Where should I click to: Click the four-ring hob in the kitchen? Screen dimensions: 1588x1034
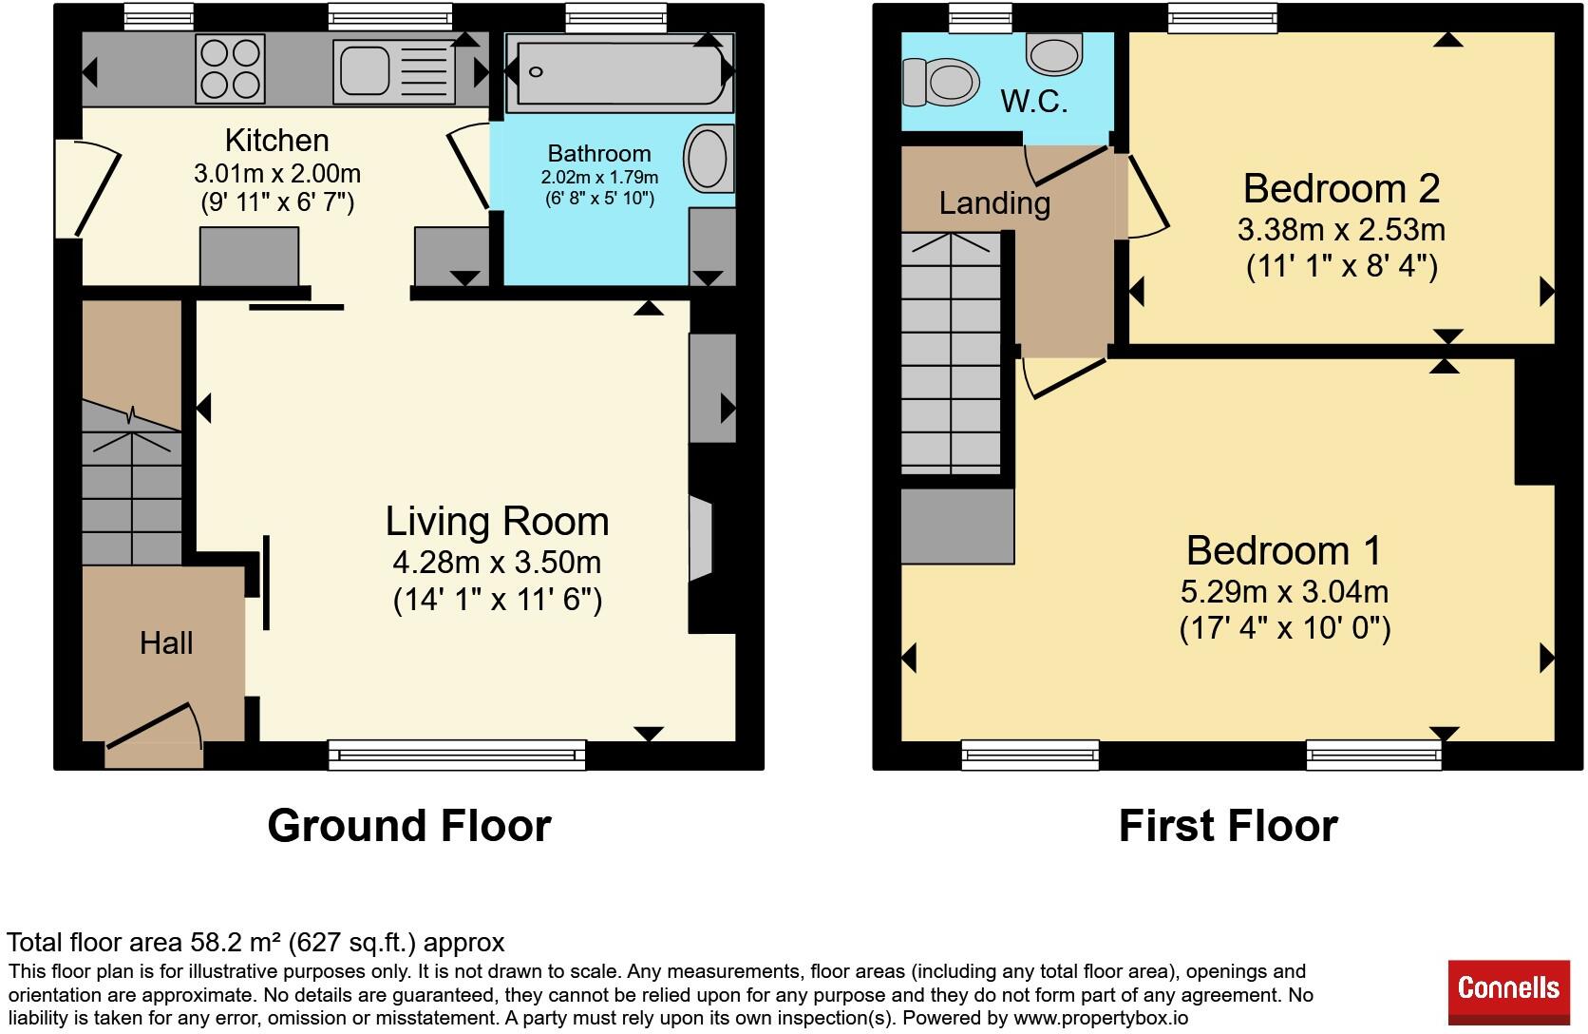point(230,69)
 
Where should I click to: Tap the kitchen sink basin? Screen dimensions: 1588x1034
point(365,71)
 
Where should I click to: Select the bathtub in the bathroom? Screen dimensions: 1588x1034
point(620,72)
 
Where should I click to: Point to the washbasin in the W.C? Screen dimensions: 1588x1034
point(1054,54)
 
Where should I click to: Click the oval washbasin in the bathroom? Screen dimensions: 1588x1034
point(709,158)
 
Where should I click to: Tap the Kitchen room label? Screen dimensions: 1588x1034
point(277,141)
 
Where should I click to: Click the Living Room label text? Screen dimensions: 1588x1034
point(497,521)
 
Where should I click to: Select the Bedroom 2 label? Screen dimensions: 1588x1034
point(1341,188)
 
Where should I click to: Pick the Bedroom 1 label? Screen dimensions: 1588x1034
point(1284,551)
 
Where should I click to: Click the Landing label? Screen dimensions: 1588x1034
point(994,203)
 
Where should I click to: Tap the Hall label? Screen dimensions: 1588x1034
point(166,643)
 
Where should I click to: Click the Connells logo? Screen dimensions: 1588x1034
point(1508,991)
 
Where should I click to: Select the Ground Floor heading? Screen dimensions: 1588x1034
point(409,826)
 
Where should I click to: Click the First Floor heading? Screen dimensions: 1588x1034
point(1228,826)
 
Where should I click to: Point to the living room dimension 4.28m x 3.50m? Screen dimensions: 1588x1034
point(497,563)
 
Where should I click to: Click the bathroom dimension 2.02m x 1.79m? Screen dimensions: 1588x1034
point(599,178)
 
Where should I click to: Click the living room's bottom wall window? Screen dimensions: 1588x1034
point(457,756)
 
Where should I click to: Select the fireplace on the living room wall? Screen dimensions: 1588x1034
point(700,539)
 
